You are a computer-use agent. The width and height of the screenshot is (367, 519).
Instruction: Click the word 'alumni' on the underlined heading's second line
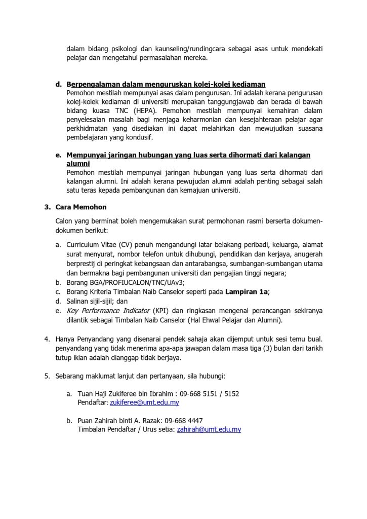[x=78, y=164]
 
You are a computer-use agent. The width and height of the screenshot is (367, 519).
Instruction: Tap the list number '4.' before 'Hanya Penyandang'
[x=47, y=339]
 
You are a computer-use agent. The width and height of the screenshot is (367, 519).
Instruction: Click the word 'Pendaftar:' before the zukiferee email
[x=93, y=402]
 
